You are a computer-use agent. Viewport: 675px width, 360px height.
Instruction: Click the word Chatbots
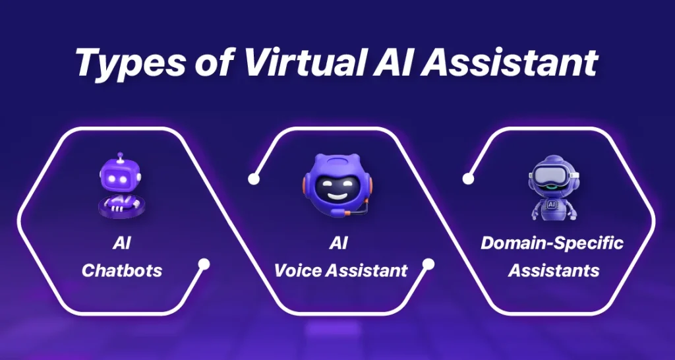(122, 270)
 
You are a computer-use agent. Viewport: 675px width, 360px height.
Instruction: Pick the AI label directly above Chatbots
(122, 244)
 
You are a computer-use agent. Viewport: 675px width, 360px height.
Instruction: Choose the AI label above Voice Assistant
(338, 244)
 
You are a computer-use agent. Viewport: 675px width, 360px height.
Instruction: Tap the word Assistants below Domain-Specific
(554, 270)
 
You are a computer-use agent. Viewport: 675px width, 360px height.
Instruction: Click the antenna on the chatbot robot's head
(120, 156)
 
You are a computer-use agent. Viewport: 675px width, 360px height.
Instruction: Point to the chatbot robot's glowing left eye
(112, 179)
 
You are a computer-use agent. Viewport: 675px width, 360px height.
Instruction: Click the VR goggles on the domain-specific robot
(553, 175)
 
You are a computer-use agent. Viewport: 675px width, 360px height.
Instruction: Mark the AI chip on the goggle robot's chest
(552, 205)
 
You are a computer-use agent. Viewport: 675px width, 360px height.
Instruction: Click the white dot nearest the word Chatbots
(204, 264)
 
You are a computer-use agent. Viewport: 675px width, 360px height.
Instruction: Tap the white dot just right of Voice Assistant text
(428, 264)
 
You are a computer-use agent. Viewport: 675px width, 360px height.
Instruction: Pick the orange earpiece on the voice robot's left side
(305, 186)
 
